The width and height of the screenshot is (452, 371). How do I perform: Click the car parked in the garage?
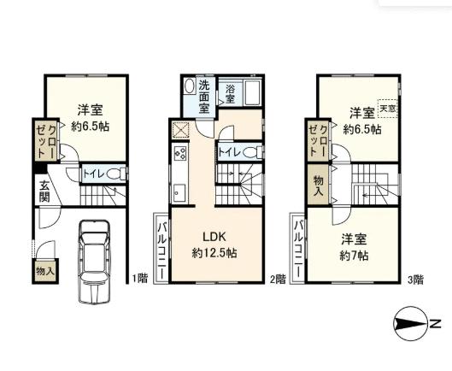[91, 260]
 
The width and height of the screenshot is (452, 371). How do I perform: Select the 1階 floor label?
[139, 278]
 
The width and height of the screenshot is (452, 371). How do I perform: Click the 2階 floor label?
[278, 278]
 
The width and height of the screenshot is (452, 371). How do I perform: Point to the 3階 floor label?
[416, 278]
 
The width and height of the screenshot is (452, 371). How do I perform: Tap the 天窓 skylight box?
[388, 109]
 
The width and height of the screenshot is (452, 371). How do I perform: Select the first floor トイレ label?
[93, 173]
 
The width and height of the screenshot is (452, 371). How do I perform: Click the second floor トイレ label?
[229, 152]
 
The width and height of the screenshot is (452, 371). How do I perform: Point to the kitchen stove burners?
[180, 155]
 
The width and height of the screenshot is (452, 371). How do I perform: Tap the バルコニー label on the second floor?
[161, 243]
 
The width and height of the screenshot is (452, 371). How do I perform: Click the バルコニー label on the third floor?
[299, 245]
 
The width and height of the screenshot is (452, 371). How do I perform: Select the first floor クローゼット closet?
[46, 139]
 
